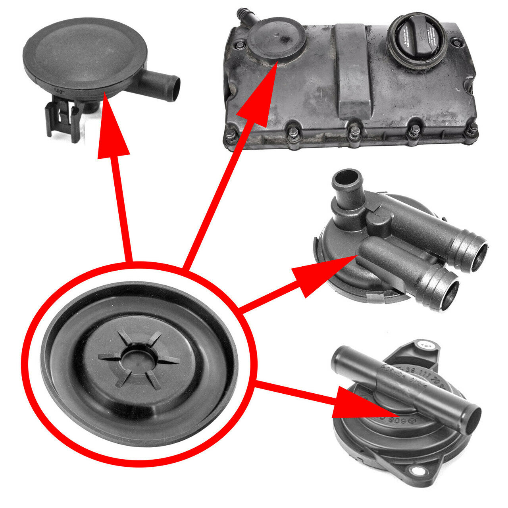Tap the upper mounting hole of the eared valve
425,346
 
